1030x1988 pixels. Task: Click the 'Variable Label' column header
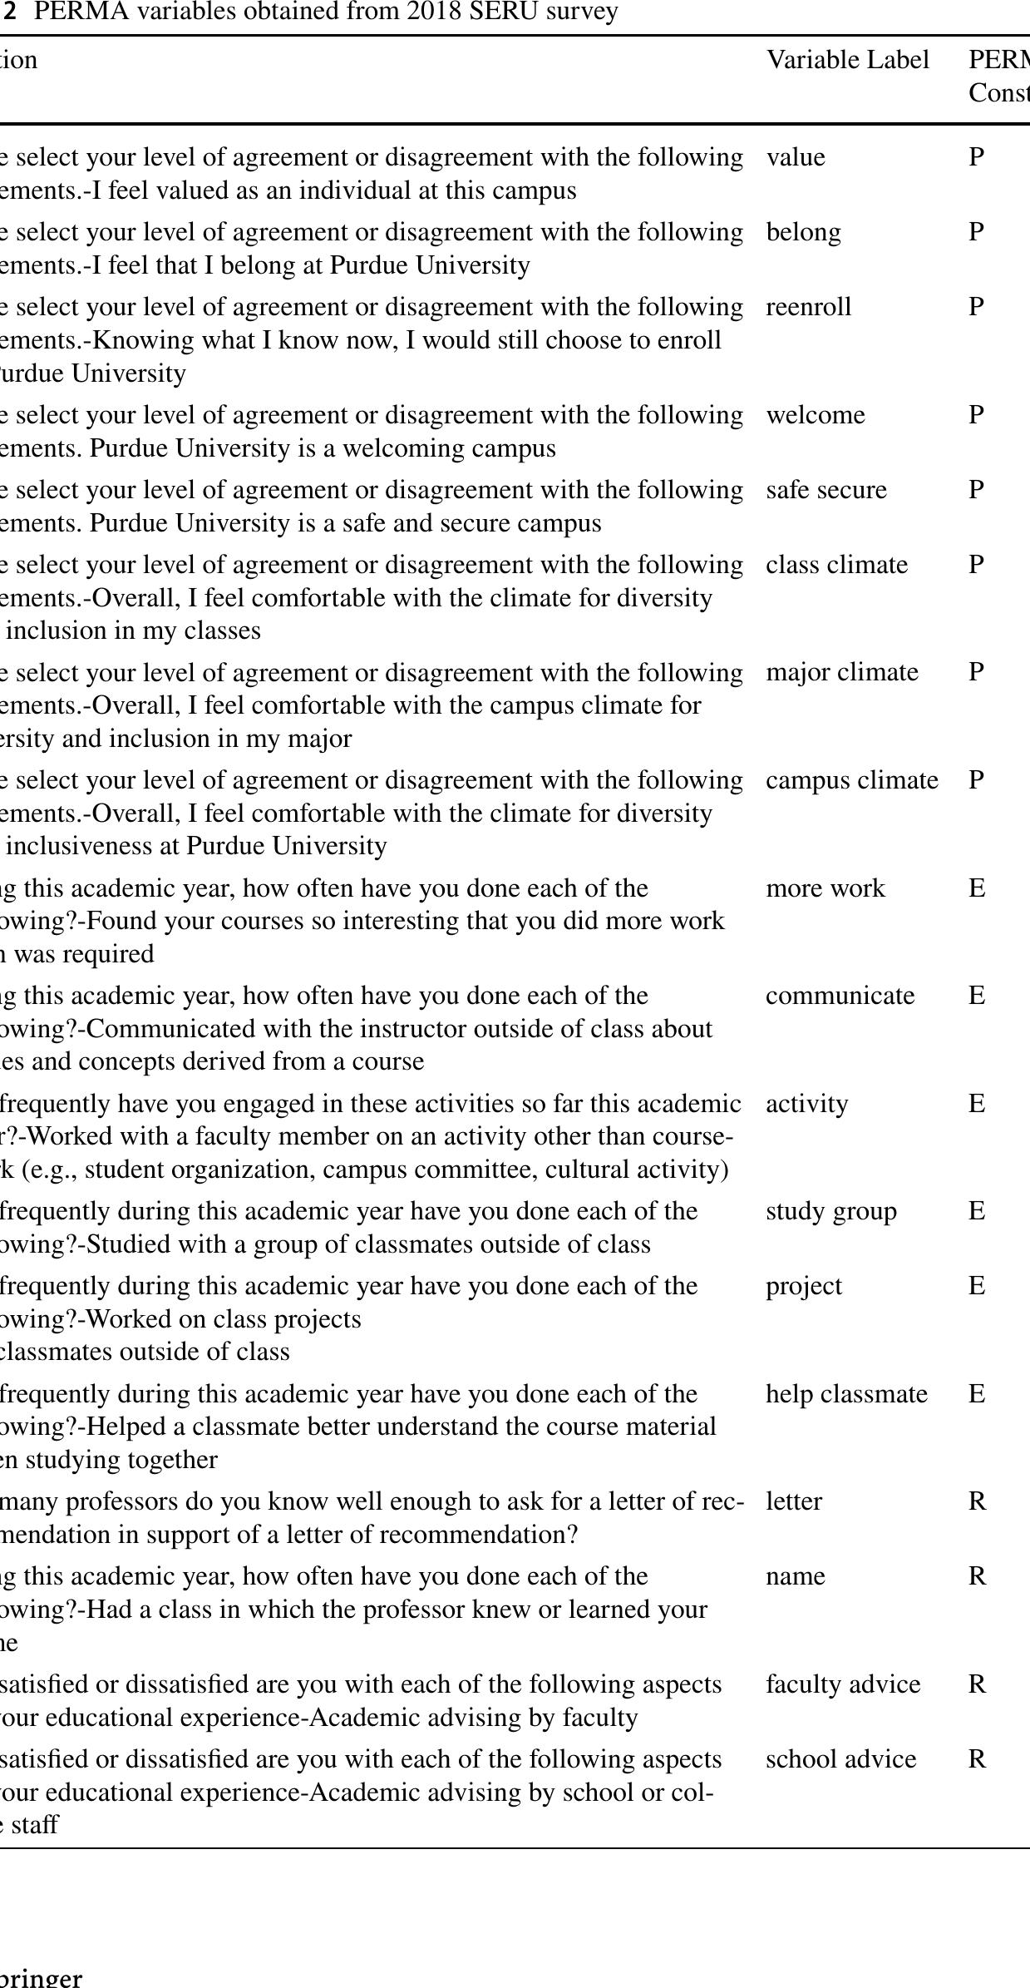click(847, 60)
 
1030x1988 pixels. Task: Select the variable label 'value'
click(796, 157)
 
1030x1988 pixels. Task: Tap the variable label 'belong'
click(803, 232)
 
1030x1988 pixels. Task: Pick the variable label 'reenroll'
click(808, 307)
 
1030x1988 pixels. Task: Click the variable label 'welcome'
click(815, 415)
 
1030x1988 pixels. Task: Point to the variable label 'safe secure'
click(825, 490)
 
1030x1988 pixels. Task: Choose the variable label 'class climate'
click(836, 565)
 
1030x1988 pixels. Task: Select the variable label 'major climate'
click(841, 672)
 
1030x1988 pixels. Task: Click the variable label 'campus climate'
click(851, 780)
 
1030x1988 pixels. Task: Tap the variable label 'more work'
click(825, 888)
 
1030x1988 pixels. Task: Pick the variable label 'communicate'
click(840, 996)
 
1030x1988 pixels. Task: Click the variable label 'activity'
click(806, 1104)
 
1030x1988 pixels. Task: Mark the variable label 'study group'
click(830, 1211)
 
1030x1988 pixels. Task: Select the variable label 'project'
click(803, 1286)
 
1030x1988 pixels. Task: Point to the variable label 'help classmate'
click(846, 1394)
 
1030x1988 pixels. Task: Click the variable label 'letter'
click(793, 1501)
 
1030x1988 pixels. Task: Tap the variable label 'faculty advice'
click(843, 1684)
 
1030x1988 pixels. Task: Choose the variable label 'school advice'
click(840, 1759)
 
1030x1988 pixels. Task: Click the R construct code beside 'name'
click(977, 1576)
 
